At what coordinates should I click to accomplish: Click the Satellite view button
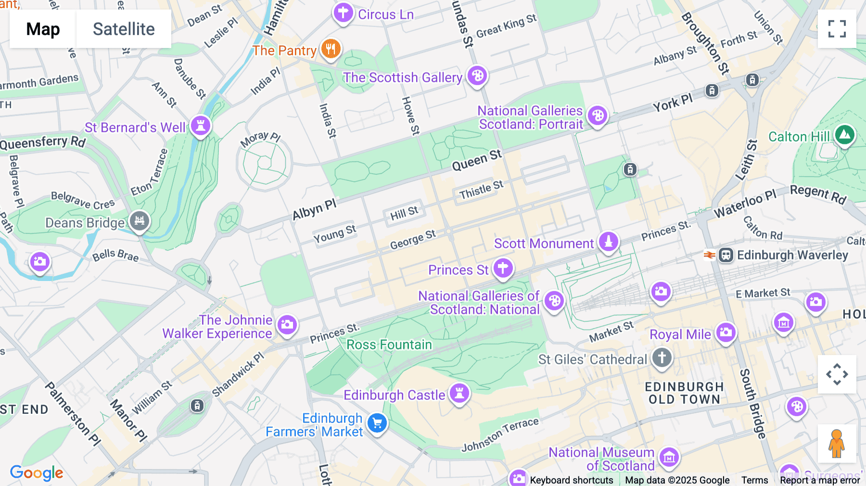[x=124, y=29]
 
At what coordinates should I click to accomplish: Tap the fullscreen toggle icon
[x=837, y=29]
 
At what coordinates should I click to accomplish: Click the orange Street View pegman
[x=837, y=443]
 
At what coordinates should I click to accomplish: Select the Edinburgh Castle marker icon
[x=459, y=394]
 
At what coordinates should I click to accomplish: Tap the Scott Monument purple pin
[x=609, y=242]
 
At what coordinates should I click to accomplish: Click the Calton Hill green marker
[x=845, y=135]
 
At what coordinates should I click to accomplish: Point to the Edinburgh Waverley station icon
[x=726, y=255]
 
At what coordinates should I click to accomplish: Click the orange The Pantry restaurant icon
[x=331, y=49]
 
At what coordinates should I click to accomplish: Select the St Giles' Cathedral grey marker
[x=662, y=358]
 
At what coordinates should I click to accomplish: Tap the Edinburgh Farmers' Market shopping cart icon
[x=377, y=423]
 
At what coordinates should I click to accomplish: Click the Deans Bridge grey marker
[x=140, y=221]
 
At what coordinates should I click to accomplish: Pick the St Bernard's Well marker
[x=201, y=126]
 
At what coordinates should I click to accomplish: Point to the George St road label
[x=412, y=240]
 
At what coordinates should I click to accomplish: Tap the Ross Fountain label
[x=389, y=345]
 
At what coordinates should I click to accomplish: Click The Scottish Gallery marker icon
[x=477, y=76]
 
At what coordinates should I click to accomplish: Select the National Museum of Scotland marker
[x=669, y=458]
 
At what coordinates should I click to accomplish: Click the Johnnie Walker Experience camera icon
[x=287, y=325]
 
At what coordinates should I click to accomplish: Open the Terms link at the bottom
[x=754, y=480]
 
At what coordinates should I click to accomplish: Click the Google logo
[x=37, y=473]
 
